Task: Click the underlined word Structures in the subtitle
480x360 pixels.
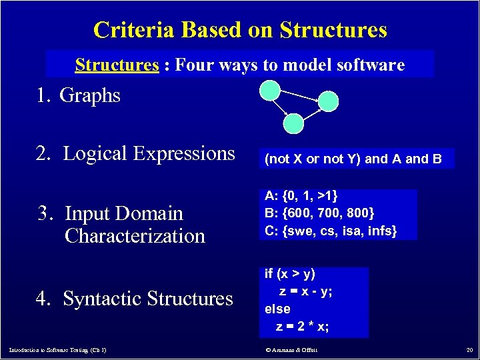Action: tap(117, 65)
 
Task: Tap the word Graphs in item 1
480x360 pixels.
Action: tap(90, 95)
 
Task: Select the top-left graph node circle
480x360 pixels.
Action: tap(269, 90)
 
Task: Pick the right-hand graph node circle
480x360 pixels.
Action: tap(328, 101)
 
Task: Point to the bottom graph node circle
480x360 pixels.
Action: tap(293, 123)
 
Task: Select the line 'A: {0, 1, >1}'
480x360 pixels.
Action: tap(301, 196)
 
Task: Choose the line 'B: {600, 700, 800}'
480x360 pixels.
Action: tap(319, 213)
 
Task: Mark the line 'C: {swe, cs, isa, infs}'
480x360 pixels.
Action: tap(331, 231)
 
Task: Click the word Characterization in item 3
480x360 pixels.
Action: tap(135, 236)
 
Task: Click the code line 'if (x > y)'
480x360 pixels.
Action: tap(290, 274)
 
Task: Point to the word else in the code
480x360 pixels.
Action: tap(277, 309)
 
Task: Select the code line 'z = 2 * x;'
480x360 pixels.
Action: tap(303, 327)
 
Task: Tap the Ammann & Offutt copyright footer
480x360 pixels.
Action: tap(291, 350)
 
